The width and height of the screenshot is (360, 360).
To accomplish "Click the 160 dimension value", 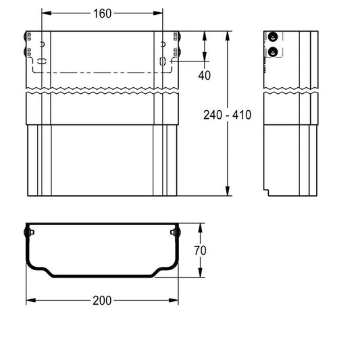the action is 103,14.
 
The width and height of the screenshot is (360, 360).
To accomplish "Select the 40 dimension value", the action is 204,75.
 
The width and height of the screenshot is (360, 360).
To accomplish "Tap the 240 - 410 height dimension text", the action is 228,115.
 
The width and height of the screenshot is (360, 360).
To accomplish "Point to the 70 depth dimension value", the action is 200,251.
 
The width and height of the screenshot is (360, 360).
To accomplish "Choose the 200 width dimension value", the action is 102,301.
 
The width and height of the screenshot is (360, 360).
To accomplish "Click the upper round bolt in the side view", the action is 272,36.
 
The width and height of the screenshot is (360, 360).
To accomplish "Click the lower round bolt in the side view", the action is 272,52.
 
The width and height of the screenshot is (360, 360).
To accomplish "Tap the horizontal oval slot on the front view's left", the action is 42,61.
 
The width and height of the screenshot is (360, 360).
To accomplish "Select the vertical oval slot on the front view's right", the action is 163,61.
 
